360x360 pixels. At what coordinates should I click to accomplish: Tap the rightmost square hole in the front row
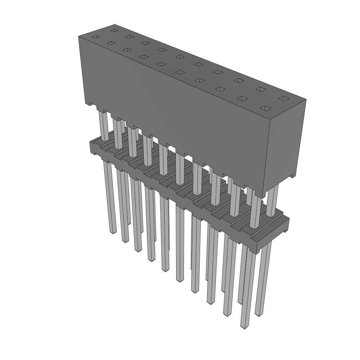pos(266,108)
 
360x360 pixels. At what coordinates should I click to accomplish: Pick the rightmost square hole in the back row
pos(283,98)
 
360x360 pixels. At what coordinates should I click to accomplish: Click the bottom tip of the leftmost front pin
pos(113,232)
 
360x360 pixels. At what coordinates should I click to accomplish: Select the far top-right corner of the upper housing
pos(306,99)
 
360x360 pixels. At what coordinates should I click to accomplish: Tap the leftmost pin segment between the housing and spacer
pos(104,125)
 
